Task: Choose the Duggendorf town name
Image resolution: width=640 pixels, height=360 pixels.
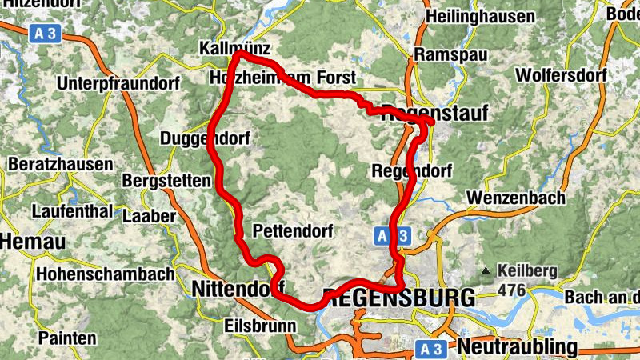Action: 205,138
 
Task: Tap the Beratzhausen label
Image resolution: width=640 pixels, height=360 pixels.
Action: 60,164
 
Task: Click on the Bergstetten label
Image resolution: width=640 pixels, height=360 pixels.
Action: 166,181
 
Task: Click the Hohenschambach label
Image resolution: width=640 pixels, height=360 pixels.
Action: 105,274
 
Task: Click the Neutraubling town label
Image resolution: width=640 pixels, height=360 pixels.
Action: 517,346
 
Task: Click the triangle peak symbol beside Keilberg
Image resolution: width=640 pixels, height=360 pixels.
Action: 486,270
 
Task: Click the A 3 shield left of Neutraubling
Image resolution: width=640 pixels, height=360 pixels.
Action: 433,348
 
